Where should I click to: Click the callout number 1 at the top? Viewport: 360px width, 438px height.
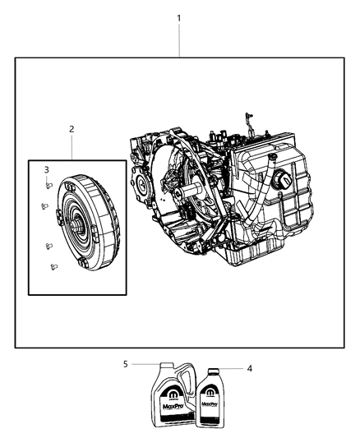pos(179,18)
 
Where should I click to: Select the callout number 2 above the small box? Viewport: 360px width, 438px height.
pos(72,129)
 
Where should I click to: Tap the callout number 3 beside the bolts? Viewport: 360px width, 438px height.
pos(46,169)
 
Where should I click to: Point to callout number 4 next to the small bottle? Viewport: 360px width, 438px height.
pos(250,369)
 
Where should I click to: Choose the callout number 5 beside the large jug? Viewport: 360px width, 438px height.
pos(127,363)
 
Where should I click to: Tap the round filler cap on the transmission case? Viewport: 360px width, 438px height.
pos(286,181)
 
